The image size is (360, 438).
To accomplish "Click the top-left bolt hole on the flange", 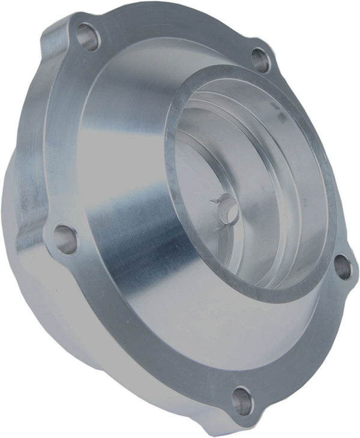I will (89, 38).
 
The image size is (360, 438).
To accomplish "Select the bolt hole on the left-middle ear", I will (65, 238).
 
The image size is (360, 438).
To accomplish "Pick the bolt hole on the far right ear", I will (342, 267).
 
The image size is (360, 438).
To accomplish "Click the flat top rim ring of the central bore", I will (180, 102).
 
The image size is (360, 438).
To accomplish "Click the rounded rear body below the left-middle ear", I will (54, 312).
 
